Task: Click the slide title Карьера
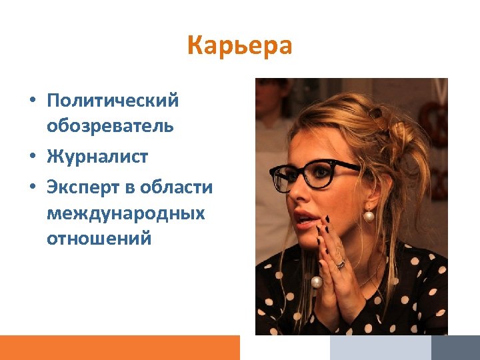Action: point(239,46)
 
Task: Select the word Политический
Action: point(113,101)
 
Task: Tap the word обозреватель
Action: point(110,125)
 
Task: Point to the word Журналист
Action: point(97,157)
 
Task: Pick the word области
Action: point(176,188)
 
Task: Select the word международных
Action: point(125,213)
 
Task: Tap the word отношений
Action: point(99,238)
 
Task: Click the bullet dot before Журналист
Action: point(32,158)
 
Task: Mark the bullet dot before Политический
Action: point(32,101)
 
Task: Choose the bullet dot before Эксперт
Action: point(32,189)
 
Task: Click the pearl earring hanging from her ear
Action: point(368,215)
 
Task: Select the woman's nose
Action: point(298,194)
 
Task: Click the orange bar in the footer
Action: point(119,347)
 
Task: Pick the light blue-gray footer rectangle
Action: point(380,347)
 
